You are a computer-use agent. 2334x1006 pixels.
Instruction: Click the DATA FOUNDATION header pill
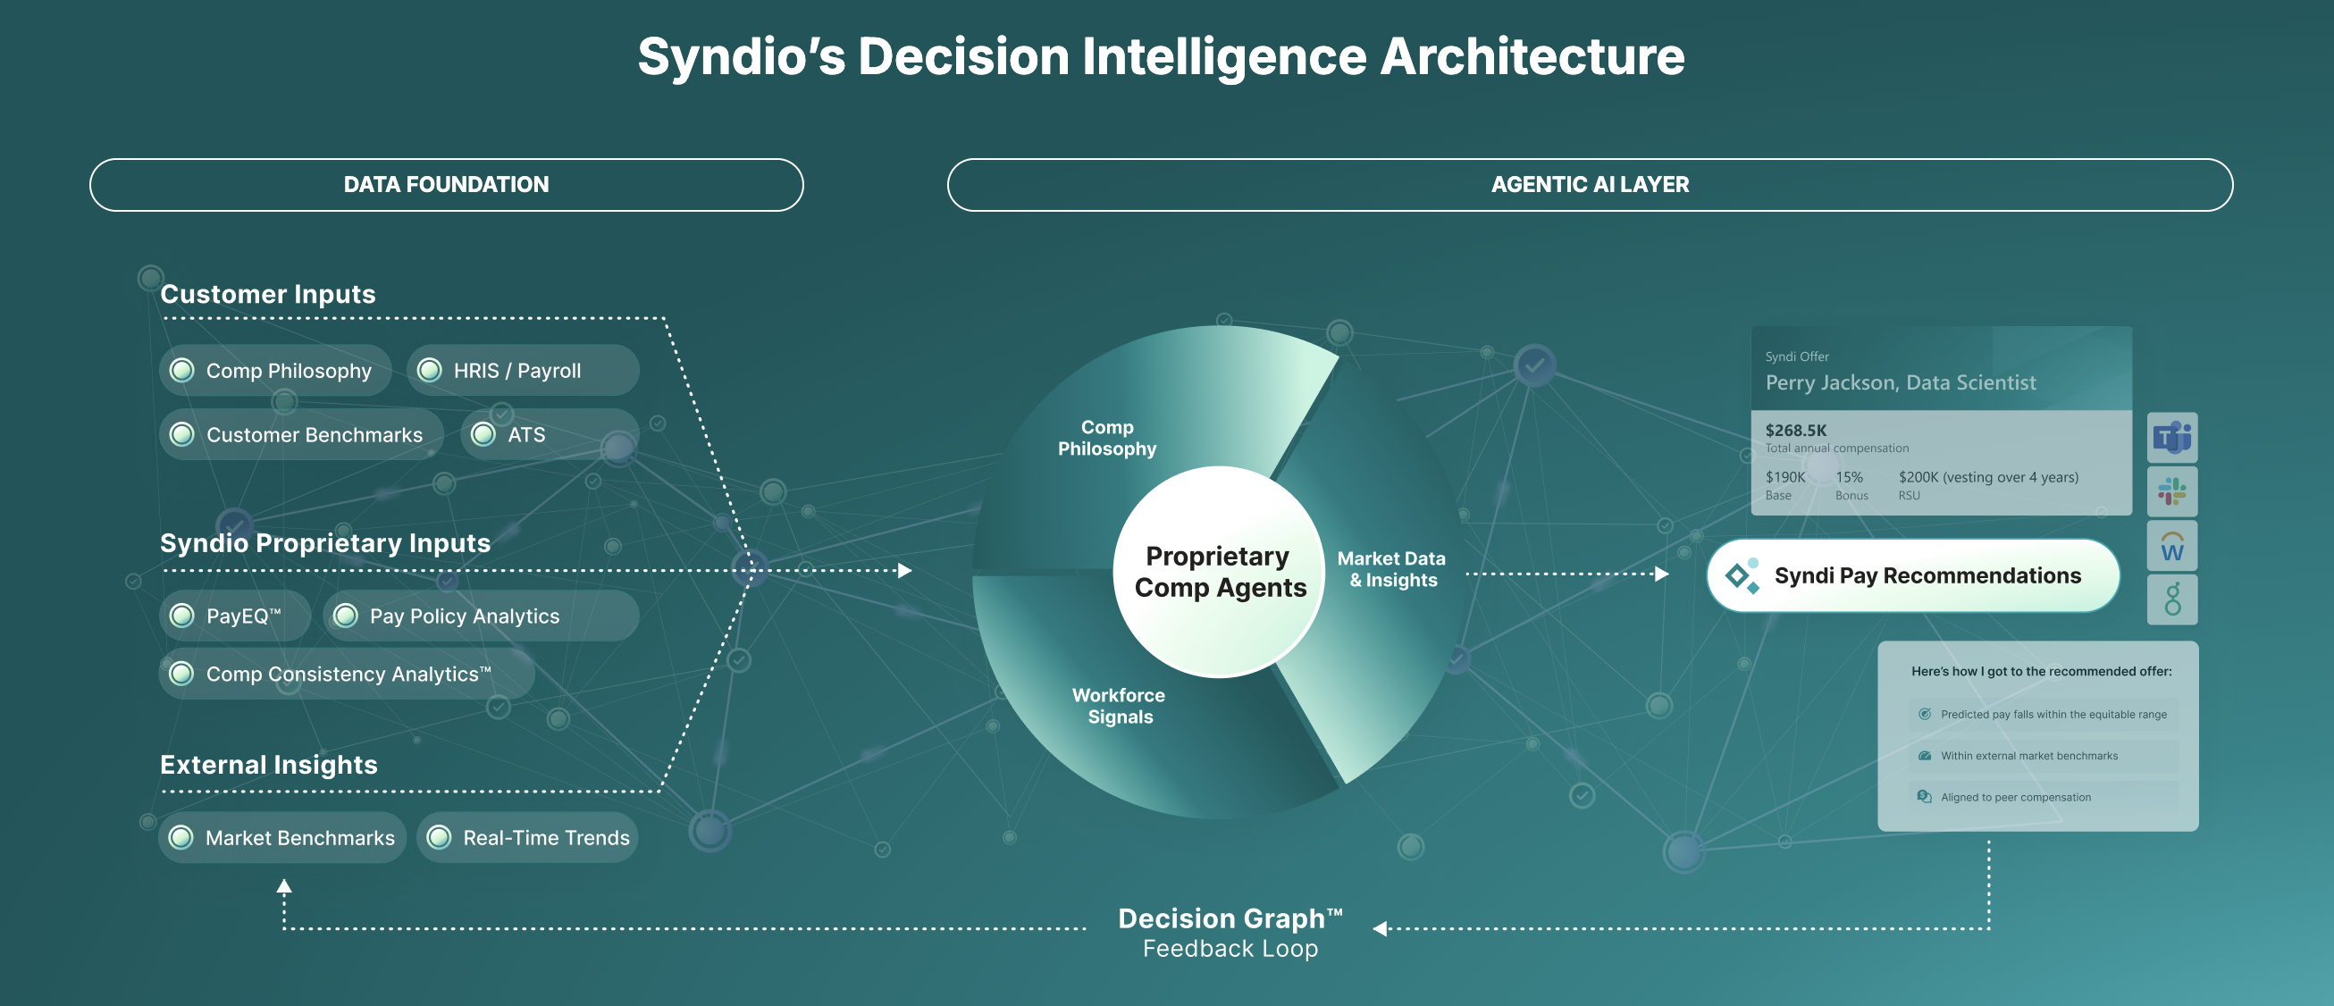pyautogui.click(x=446, y=185)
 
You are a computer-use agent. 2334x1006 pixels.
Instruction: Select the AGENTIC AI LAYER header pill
pyautogui.click(x=1590, y=185)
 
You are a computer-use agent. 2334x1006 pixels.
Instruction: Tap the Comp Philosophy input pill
pyautogui.click(x=275, y=371)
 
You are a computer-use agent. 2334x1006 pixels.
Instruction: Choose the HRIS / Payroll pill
pyautogui.click(x=523, y=371)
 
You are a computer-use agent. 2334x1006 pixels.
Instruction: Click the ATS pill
pyautogui.click(x=549, y=435)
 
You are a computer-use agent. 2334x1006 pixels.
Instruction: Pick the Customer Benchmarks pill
pyautogui.click(x=302, y=435)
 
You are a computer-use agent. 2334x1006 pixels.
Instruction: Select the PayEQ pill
pyautogui.click(x=235, y=616)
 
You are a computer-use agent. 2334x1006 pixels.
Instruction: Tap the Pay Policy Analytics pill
pyautogui.click(x=481, y=616)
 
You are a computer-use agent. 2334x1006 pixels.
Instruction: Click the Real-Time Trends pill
pyautogui.click(x=527, y=837)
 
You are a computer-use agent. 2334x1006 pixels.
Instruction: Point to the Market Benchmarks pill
pyautogui.click(x=282, y=837)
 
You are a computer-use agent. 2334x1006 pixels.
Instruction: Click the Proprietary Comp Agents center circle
pyautogui.click(x=1219, y=572)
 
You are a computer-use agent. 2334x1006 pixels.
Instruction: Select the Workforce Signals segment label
pyautogui.click(x=1119, y=706)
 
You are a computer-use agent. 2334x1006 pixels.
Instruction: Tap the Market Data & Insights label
pyautogui.click(x=1391, y=569)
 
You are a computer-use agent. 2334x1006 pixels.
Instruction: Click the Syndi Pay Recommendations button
pyautogui.click(x=1913, y=575)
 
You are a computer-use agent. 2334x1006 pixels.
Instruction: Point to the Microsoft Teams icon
pyautogui.click(x=2171, y=438)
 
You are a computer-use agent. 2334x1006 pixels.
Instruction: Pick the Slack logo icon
pyautogui.click(x=2171, y=491)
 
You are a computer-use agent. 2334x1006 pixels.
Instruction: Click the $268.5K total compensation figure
pyautogui.click(x=1796, y=431)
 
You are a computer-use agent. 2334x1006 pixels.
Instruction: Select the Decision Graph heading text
pyautogui.click(x=1230, y=918)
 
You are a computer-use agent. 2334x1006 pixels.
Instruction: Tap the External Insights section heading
pyautogui.click(x=269, y=765)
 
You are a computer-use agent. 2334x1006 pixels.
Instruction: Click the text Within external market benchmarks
pyautogui.click(x=2028, y=756)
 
